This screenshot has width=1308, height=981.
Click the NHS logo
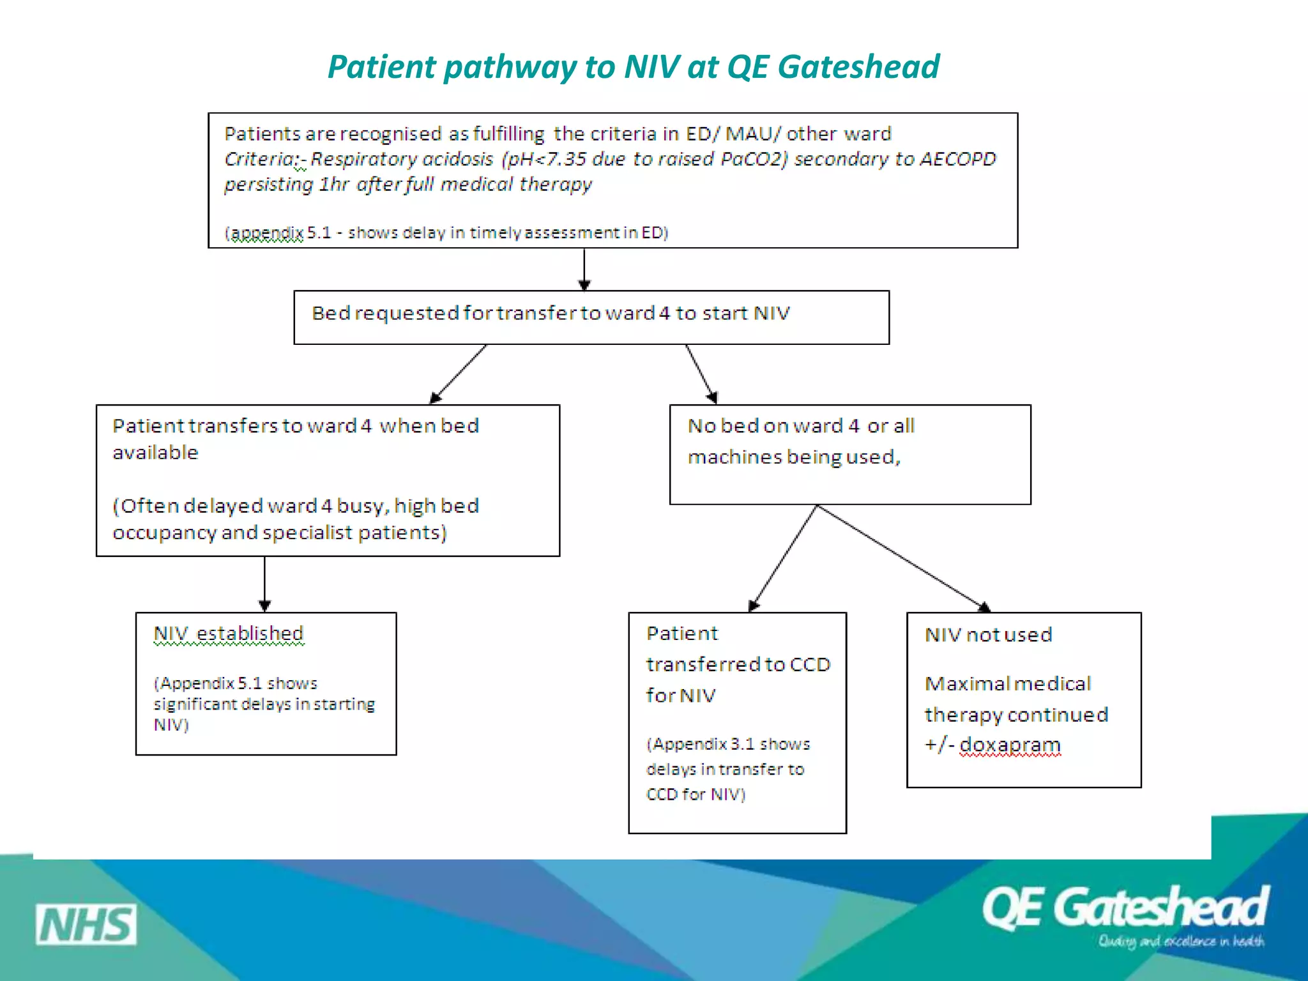86,924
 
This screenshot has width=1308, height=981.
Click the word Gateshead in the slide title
858,67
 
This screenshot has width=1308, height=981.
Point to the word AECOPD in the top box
957,158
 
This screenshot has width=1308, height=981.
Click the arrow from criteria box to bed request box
584,270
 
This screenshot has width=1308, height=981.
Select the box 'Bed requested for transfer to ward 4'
591,317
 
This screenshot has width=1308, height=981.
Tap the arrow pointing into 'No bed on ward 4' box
701,374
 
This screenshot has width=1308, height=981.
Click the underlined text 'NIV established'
229,634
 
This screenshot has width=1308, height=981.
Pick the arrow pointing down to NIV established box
264,584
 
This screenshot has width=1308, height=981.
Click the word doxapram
1010,745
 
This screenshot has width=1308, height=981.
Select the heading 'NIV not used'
988,635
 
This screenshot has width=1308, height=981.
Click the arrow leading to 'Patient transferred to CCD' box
783,558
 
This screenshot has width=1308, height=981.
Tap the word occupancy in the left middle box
164,533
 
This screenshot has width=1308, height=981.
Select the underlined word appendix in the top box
266,233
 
